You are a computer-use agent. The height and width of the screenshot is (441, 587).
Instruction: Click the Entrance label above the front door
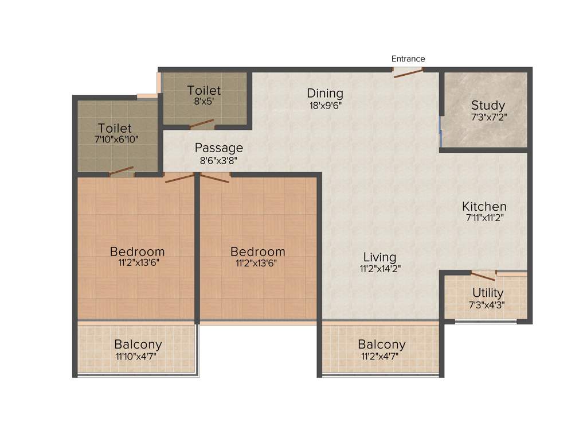(408, 59)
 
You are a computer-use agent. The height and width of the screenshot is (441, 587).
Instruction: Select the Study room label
(488, 105)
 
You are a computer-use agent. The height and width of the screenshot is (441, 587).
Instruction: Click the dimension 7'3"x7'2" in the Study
(488, 117)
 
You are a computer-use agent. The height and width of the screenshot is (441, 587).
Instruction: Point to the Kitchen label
(484, 206)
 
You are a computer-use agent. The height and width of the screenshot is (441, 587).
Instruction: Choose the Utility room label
(488, 293)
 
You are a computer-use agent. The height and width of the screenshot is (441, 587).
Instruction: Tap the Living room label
(379, 257)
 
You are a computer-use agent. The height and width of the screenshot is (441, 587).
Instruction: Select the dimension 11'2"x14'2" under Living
(379, 268)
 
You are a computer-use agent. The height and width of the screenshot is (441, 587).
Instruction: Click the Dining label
(325, 93)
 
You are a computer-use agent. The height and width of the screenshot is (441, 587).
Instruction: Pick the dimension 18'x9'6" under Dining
(325, 105)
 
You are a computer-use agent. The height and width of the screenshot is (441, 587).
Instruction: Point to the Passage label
(218, 148)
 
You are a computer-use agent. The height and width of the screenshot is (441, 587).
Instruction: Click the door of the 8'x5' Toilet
(202, 124)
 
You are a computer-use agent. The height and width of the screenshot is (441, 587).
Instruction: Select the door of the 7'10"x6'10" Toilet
(122, 171)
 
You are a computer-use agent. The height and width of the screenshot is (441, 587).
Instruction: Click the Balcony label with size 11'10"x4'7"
(138, 345)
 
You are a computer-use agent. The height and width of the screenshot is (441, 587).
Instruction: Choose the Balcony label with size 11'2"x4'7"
(381, 345)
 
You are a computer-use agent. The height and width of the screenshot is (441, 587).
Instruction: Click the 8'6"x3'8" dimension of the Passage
(218, 161)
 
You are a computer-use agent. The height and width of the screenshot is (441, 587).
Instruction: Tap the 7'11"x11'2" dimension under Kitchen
(484, 218)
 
